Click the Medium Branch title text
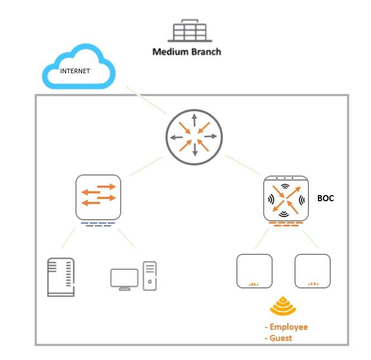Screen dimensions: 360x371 coord(187,52)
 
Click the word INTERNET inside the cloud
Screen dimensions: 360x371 coord(75,72)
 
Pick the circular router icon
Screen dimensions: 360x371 coord(194,136)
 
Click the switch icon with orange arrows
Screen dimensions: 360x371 coord(98,197)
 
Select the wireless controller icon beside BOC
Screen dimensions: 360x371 coord(286,198)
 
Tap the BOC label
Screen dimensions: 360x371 coord(325,198)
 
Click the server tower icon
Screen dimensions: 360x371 coord(61,277)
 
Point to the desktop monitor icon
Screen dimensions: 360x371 coord(124,279)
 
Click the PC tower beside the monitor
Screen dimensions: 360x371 coord(149,276)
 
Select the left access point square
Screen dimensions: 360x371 coord(254,271)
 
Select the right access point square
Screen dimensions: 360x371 coord(312,271)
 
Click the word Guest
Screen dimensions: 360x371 coord(281,338)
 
